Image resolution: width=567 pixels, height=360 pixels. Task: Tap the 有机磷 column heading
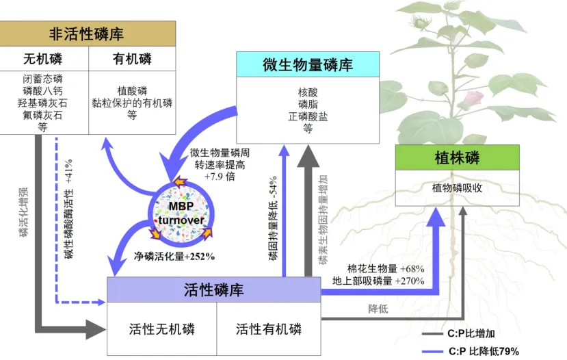(x=132, y=59)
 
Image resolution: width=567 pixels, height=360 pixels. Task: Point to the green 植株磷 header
(x=457, y=158)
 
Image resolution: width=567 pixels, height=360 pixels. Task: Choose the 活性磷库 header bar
(x=214, y=290)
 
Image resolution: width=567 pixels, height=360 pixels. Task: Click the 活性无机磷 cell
(x=162, y=329)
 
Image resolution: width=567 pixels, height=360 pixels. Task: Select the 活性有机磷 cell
(x=269, y=329)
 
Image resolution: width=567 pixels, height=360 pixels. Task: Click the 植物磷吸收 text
(x=457, y=187)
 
